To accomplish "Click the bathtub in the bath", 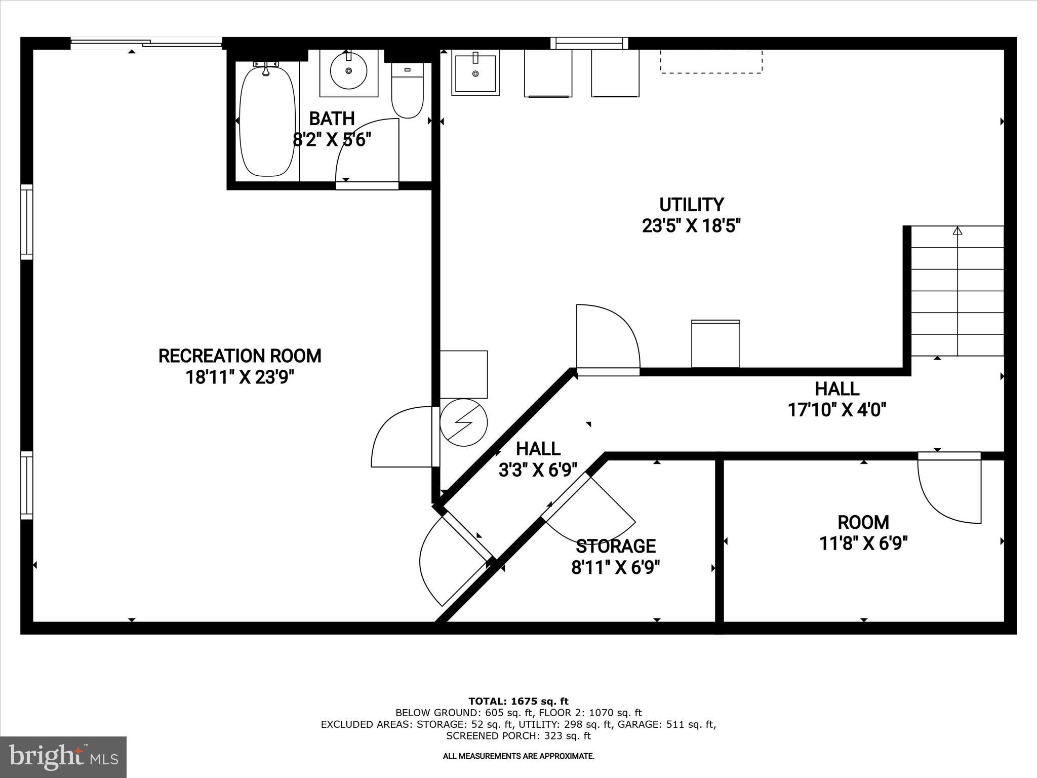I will point(267,122).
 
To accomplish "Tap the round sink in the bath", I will point(348,71).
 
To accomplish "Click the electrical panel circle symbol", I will point(463,422).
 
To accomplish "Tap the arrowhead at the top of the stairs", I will point(957,231).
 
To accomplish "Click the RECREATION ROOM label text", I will point(240,356).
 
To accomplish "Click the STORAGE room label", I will point(616,546).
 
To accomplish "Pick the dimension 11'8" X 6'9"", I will point(863,543).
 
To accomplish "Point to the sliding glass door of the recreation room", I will point(146,44).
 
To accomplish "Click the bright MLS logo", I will point(63,757).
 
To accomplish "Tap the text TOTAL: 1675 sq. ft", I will point(518,702).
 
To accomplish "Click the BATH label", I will point(332,119).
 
